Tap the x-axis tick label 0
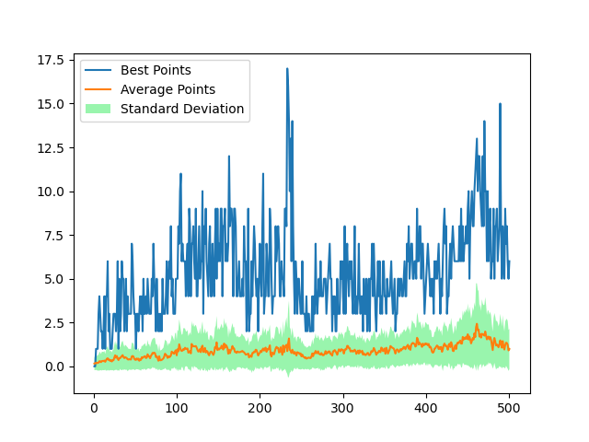point(94,408)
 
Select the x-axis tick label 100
point(177,408)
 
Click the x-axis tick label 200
point(260,408)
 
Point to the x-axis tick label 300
point(342,408)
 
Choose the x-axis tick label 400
point(425,408)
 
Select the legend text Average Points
point(167,89)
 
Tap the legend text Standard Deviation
point(182,109)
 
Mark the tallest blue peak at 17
point(287,68)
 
